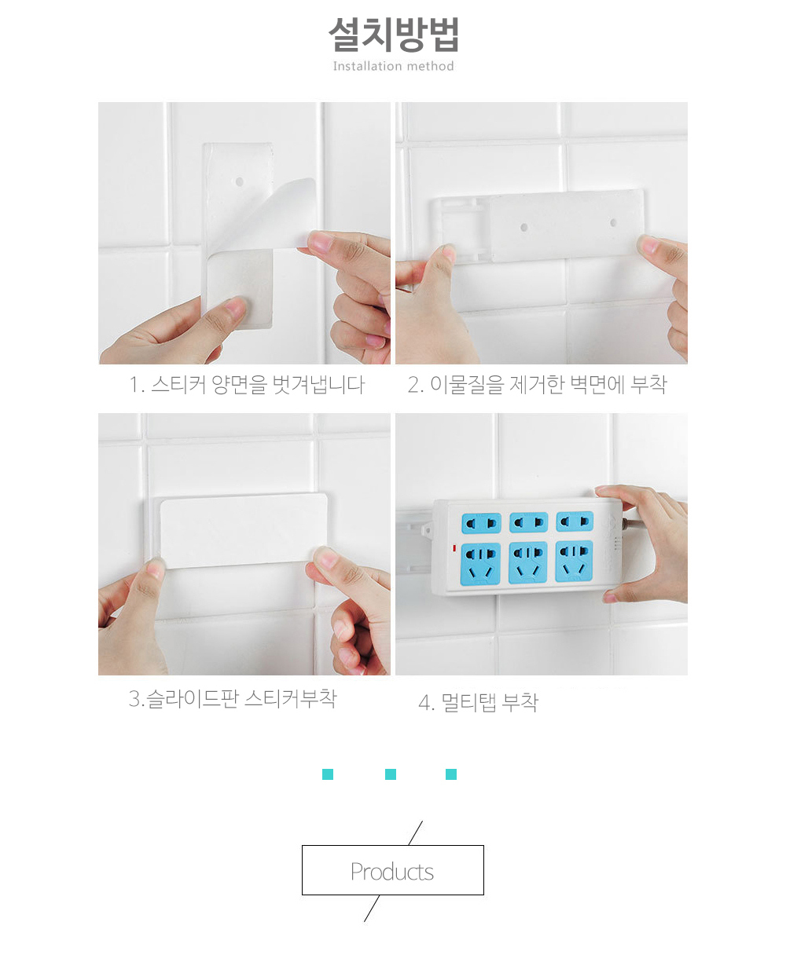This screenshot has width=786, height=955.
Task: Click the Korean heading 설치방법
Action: [x=394, y=35]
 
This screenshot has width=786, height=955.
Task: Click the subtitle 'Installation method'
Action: [x=394, y=66]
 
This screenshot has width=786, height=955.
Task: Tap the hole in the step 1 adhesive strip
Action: [x=239, y=182]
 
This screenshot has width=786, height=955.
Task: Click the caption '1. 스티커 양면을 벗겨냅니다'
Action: [x=247, y=385]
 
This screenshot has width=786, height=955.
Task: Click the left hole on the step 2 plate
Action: [x=523, y=227]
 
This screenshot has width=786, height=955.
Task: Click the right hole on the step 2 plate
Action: [x=613, y=223]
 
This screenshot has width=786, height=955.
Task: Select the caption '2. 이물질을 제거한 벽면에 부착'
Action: [x=537, y=385]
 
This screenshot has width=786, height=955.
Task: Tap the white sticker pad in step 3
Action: [x=244, y=531]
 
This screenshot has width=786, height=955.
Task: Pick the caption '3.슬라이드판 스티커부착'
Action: [x=233, y=698]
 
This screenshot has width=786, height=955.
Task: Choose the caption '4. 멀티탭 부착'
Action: [x=478, y=702]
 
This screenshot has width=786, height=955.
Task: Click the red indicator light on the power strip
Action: [x=454, y=548]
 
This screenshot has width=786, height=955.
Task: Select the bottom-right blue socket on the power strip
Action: [x=574, y=561]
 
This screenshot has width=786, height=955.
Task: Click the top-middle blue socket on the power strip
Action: [x=528, y=522]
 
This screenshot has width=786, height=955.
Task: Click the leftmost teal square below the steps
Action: [x=328, y=774]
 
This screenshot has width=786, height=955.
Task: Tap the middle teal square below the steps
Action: [x=391, y=774]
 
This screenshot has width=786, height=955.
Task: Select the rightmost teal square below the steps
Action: [x=451, y=774]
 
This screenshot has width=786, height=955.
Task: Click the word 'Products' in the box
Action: [x=392, y=872]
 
